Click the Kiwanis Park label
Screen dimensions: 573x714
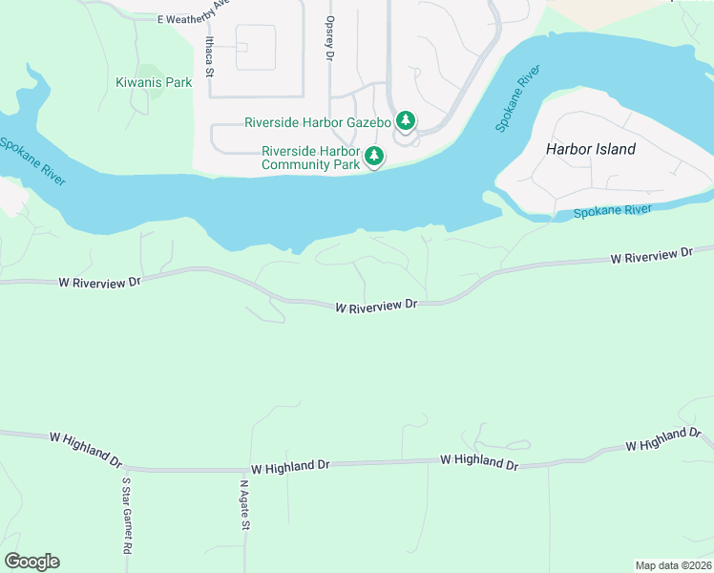coord(153,83)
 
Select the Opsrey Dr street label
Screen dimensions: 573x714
coord(329,38)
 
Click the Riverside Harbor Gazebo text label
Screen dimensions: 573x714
coord(318,122)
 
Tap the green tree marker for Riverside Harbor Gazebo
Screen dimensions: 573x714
coord(406,120)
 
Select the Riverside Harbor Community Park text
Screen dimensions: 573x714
coord(311,158)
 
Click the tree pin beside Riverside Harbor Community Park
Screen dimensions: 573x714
coord(375,156)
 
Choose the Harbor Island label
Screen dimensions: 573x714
coord(590,149)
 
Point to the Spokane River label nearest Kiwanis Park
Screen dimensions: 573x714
coord(32,160)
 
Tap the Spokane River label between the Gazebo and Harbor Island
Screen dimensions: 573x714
coord(516,100)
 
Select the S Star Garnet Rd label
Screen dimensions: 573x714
coord(126,516)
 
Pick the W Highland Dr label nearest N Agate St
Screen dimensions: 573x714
coord(290,467)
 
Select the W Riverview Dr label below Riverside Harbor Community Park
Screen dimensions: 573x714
coord(377,306)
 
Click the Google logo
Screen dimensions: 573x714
coord(31,562)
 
